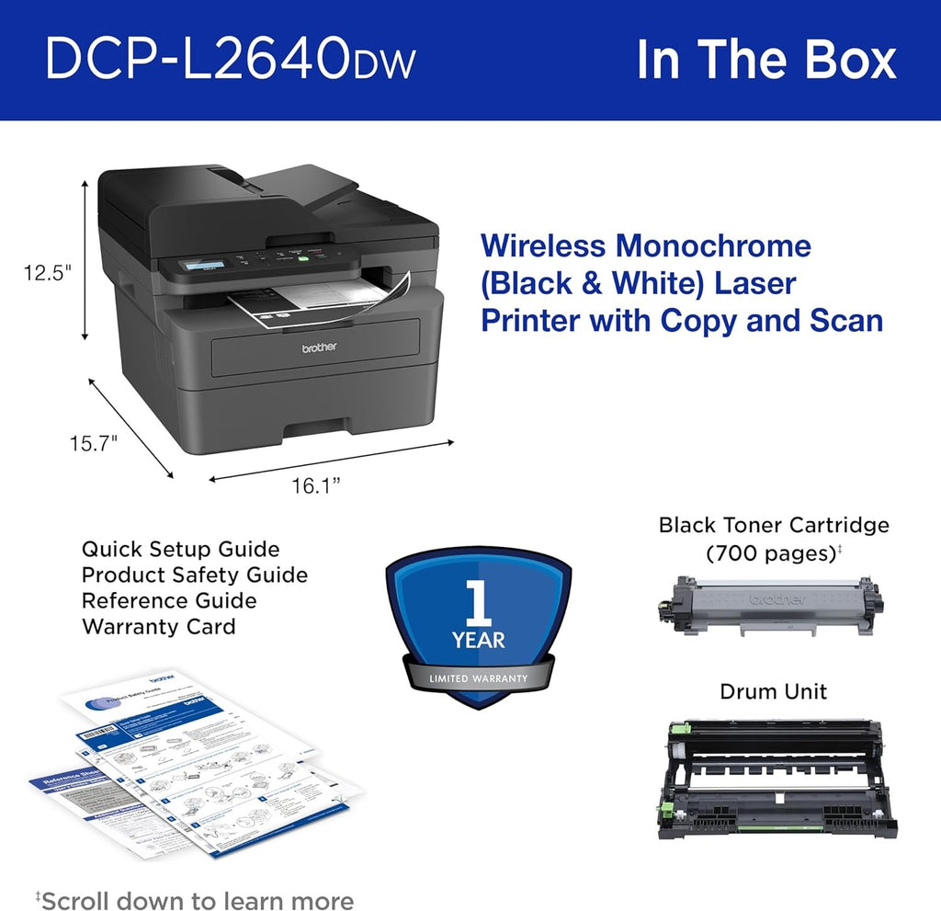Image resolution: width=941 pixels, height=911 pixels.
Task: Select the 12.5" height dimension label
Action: pyautogui.click(x=48, y=272)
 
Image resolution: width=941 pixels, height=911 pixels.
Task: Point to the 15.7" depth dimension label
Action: pyautogui.click(x=94, y=444)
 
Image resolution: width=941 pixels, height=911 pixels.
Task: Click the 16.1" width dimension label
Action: pyautogui.click(x=316, y=487)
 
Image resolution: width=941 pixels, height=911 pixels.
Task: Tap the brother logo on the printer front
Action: pyautogui.click(x=320, y=347)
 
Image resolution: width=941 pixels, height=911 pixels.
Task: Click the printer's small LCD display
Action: pyautogui.click(x=204, y=267)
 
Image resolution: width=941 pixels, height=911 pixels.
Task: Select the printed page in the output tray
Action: pyautogui.click(x=312, y=302)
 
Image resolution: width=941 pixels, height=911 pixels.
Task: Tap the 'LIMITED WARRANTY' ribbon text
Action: pyautogui.click(x=478, y=678)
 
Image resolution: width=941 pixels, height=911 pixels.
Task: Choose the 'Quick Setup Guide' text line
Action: pyautogui.click(x=180, y=549)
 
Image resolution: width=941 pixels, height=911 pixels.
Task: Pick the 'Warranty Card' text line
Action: pyautogui.click(x=159, y=627)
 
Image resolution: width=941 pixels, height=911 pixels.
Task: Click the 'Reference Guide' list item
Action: pyautogui.click(x=169, y=601)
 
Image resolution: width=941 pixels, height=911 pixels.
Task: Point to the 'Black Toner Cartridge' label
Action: pyautogui.click(x=774, y=525)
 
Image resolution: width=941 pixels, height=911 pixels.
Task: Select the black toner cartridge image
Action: pyautogui.click(x=770, y=606)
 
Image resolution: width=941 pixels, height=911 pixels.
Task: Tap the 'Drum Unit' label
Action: pyautogui.click(x=773, y=691)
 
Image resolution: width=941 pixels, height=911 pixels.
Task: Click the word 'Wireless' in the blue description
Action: pyautogui.click(x=543, y=246)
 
